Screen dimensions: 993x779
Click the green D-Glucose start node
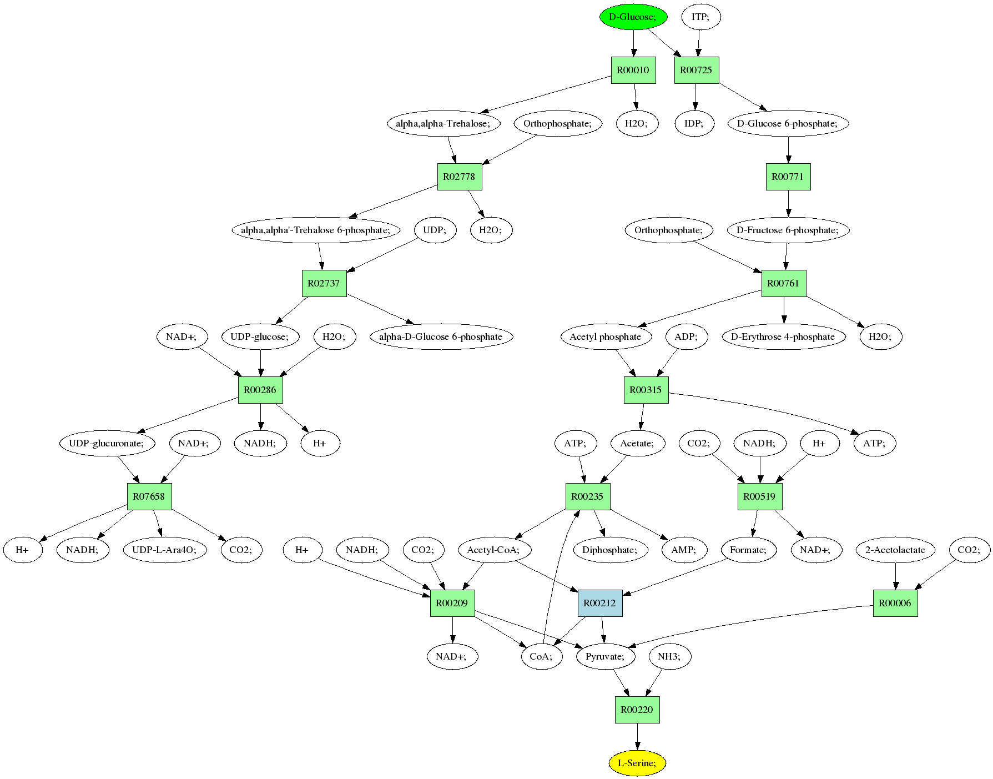pyautogui.click(x=633, y=17)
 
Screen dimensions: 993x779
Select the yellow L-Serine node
pyautogui.click(x=637, y=763)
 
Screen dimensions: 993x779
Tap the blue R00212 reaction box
pyautogui.click(x=600, y=603)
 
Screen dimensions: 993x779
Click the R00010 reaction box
pyautogui.click(x=633, y=70)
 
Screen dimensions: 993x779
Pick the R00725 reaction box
pyautogui.click(x=697, y=70)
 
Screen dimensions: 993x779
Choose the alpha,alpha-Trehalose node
pyautogui.click(x=443, y=123)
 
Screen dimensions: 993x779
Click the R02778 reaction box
pyautogui.click(x=460, y=177)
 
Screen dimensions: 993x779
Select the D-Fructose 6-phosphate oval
pyautogui.click(x=788, y=230)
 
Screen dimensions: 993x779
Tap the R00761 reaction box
pyautogui.click(x=784, y=283)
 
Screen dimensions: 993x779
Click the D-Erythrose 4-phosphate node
pyautogui.click(x=783, y=336)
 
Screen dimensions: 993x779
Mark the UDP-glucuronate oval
pyautogui.click(x=107, y=443)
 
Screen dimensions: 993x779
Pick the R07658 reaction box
pyautogui.click(x=149, y=496)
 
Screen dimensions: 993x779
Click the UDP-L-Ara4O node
pyautogui.click(x=164, y=550)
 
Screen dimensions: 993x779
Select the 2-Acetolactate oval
pyautogui.click(x=895, y=550)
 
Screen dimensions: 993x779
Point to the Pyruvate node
pyautogui.click(x=606, y=656)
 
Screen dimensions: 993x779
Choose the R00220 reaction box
pyautogui.click(x=637, y=710)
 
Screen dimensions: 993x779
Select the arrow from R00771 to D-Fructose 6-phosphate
pyautogui.click(x=788, y=203)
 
